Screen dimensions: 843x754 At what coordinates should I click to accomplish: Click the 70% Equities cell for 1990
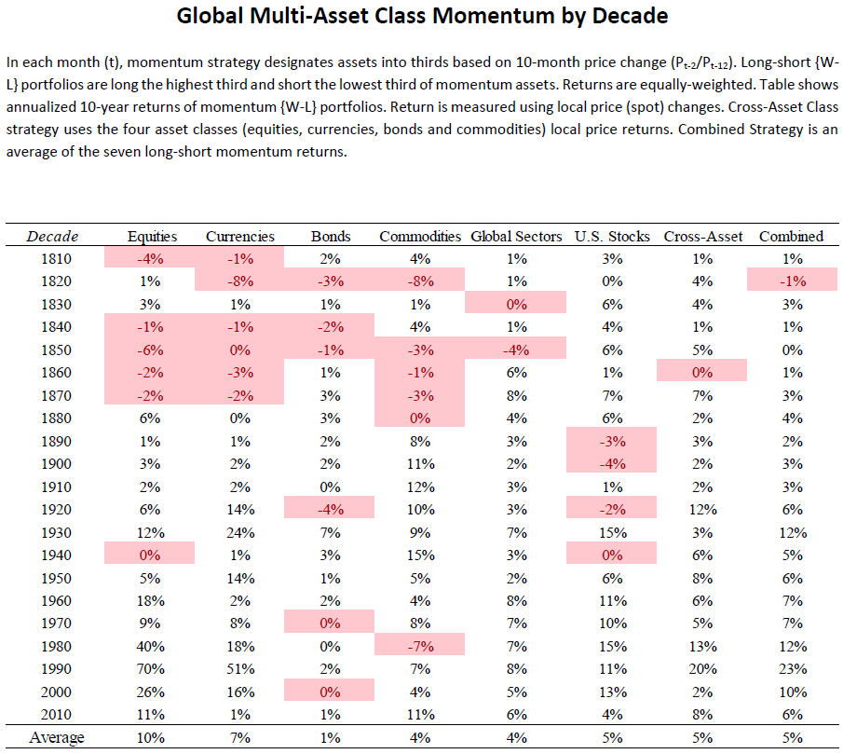(x=151, y=669)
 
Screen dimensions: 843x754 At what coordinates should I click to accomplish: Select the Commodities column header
(x=420, y=237)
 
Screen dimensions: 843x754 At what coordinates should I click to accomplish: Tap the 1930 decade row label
(x=56, y=532)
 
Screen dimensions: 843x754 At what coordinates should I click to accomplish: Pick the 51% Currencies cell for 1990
(x=240, y=669)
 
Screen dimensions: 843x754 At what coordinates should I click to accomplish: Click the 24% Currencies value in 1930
(x=240, y=532)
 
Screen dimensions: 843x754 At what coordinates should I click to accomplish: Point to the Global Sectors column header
(x=516, y=237)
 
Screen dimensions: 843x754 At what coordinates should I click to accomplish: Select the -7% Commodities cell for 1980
(x=420, y=647)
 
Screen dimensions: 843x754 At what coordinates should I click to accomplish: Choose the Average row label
(x=57, y=737)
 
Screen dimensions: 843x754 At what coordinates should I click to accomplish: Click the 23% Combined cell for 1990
(x=793, y=669)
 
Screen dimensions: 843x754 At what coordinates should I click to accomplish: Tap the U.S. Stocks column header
(x=612, y=237)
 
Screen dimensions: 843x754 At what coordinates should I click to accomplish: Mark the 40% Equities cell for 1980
(x=151, y=647)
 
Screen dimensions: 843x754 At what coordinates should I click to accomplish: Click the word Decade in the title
(x=630, y=16)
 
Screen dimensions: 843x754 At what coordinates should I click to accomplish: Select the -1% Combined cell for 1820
(x=793, y=281)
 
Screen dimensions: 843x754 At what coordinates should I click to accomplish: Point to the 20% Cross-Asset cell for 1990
(x=702, y=669)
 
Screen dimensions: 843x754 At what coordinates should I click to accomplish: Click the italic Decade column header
(x=53, y=237)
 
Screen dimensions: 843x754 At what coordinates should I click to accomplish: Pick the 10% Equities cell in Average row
(x=151, y=738)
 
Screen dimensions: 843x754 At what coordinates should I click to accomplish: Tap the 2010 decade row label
(x=56, y=715)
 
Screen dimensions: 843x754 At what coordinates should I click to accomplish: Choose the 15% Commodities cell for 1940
(x=420, y=555)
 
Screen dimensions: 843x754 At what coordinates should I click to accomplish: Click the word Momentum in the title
(x=493, y=16)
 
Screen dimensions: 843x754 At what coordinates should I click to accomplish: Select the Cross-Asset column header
(x=702, y=237)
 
